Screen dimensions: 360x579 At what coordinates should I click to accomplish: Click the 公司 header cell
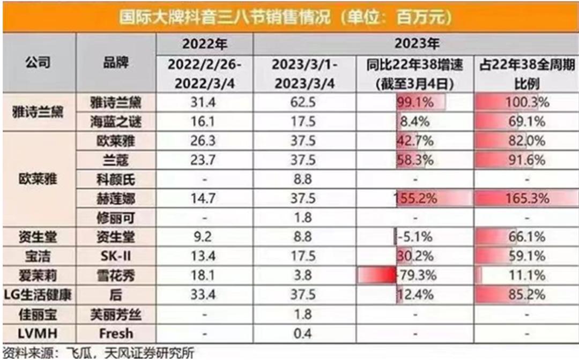(x=39, y=64)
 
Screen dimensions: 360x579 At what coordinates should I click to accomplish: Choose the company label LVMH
(x=39, y=333)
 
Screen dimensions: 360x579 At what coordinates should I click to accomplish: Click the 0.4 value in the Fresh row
(x=303, y=333)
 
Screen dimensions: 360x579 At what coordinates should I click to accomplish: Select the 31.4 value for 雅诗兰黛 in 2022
(x=204, y=102)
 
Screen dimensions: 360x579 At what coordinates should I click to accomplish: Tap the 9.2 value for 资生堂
(x=204, y=237)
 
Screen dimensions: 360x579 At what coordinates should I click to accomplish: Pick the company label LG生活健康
(x=39, y=295)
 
